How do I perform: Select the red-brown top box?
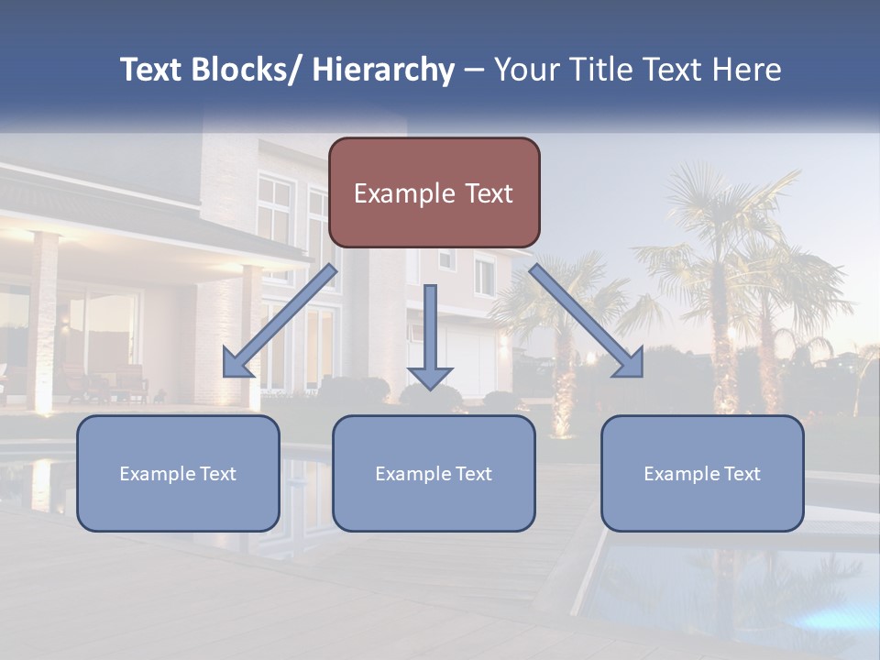[434, 192]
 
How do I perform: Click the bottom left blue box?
[178, 473]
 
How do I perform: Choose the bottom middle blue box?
[434, 473]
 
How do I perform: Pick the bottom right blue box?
[702, 473]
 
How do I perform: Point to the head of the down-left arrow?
[236, 364]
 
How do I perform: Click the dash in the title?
[474, 70]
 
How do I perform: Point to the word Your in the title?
[523, 70]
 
